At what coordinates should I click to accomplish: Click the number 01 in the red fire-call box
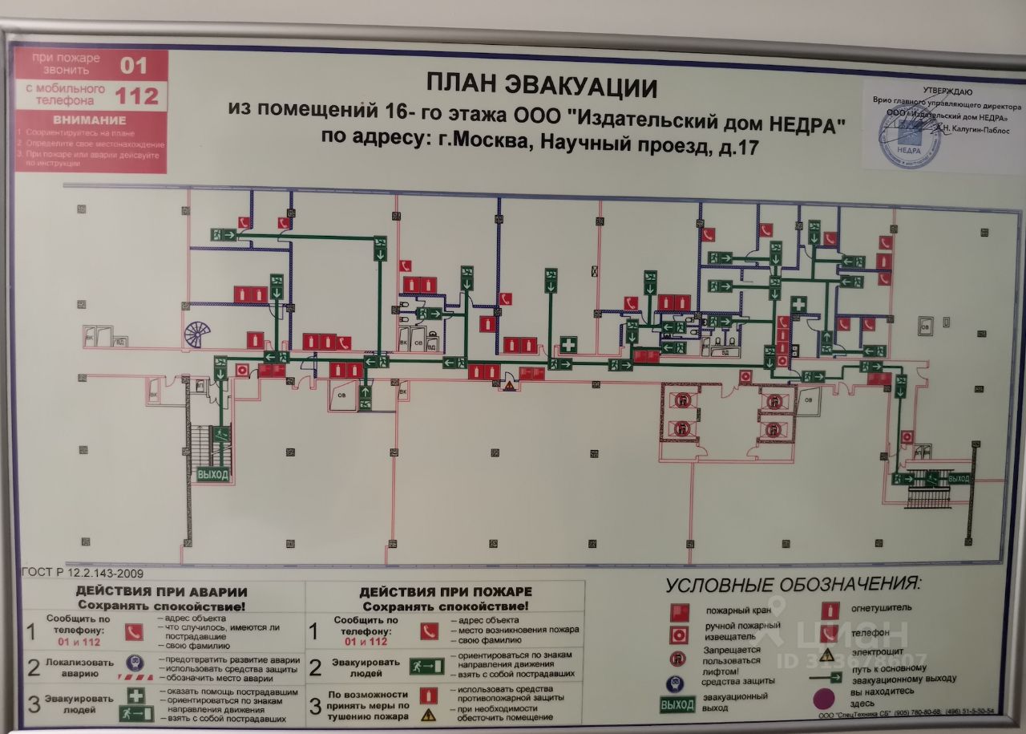[134, 65]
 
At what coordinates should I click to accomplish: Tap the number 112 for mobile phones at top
[136, 96]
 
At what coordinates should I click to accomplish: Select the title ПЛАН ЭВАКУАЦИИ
[541, 85]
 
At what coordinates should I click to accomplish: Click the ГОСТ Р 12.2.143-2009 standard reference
[83, 573]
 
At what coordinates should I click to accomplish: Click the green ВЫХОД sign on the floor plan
[212, 474]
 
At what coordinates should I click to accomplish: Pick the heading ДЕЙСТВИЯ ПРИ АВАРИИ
[161, 592]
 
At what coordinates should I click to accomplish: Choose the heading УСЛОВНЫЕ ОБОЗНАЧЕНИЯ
[794, 582]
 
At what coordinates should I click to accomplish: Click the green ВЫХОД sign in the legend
[677, 704]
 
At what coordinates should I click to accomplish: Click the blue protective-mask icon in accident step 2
[134, 663]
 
